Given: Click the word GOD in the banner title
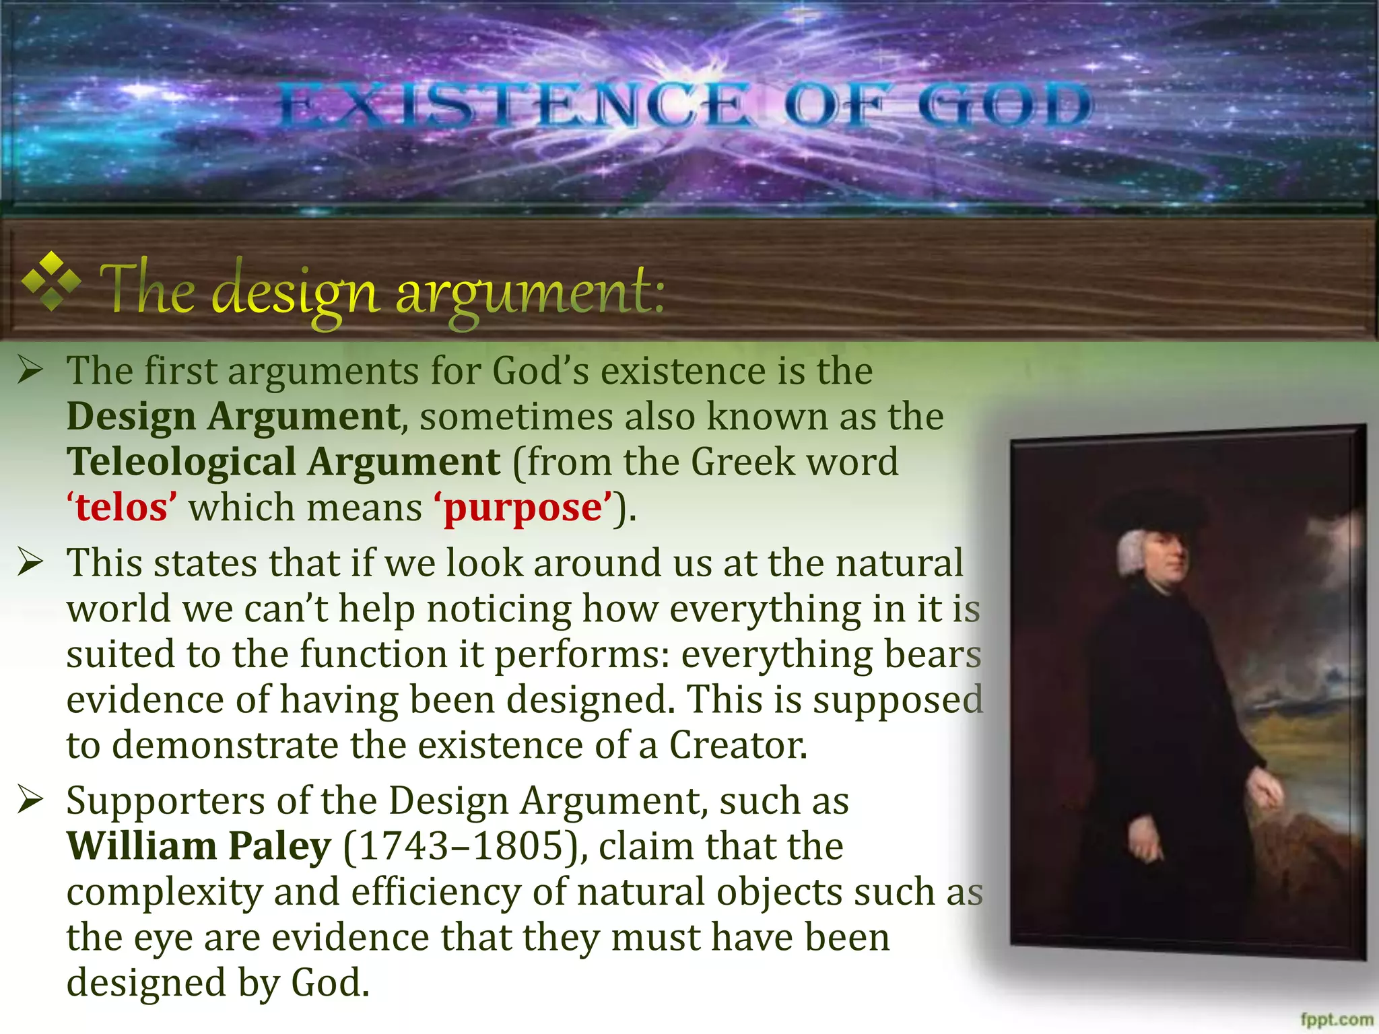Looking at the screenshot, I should point(1005,106).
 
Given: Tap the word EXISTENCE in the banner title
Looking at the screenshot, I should point(513,106).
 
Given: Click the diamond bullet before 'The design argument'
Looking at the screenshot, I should point(51,281).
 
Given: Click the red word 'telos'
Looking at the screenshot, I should point(121,508).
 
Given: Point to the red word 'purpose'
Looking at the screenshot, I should point(524,509).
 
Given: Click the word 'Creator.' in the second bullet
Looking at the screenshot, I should point(737,746).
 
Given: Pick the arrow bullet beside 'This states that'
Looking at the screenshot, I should point(30,562).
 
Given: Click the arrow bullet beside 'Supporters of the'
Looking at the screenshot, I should point(30,800).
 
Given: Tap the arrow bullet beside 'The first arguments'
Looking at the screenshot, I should point(30,370).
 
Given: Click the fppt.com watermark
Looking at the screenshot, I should point(1337,1019).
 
